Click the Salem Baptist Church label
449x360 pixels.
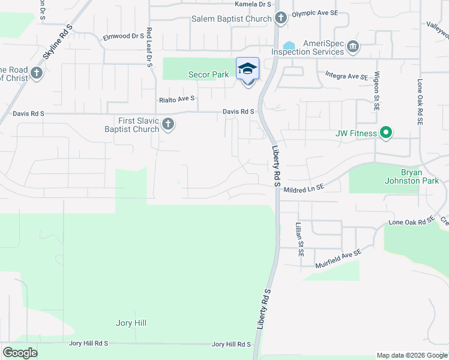tap(231, 19)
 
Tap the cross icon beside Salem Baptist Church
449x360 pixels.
tap(280, 19)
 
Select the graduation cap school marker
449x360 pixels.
tap(247, 70)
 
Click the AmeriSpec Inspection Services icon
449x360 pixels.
tap(353, 46)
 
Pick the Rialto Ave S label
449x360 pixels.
tap(176, 100)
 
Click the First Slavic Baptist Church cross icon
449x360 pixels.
tap(168, 124)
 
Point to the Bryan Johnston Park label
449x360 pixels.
tap(421, 176)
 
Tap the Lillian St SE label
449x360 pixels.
tap(298, 239)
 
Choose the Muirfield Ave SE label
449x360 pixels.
tap(339, 259)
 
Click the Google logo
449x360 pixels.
tap(20, 353)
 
